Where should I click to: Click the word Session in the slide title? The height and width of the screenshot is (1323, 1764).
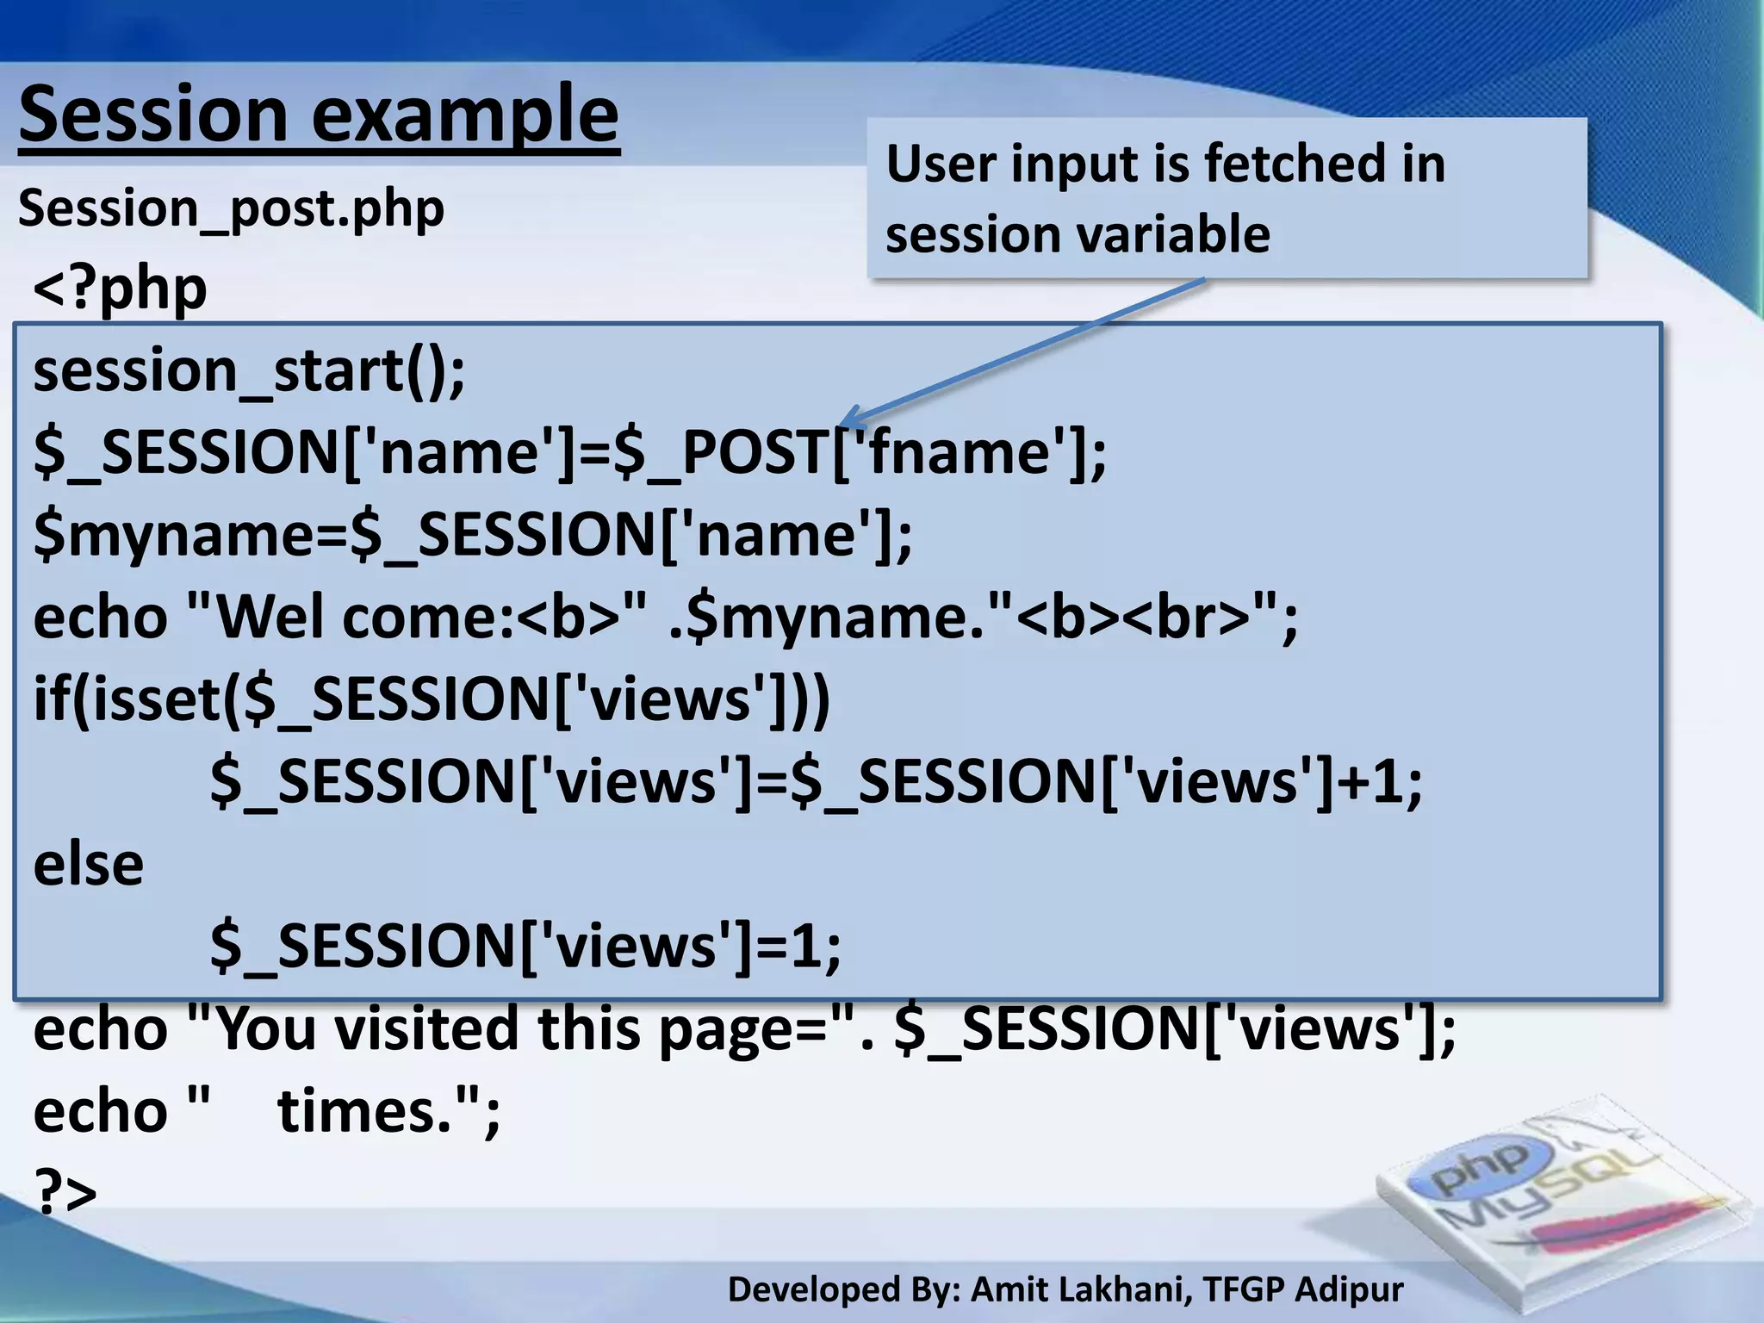[153, 115]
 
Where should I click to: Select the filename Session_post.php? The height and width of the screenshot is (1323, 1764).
[231, 209]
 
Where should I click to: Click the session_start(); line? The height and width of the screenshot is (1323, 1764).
[249, 370]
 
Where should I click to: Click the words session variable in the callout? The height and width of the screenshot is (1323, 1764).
[1078, 234]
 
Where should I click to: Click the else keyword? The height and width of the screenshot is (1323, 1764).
[89, 864]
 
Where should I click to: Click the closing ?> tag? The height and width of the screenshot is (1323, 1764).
[65, 1192]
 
